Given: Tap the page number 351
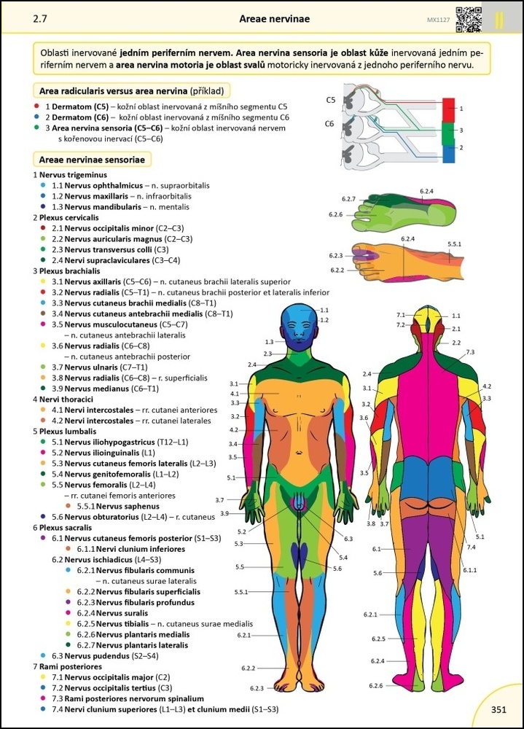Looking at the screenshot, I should tap(498, 709).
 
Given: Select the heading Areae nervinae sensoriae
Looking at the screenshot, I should tap(91, 159).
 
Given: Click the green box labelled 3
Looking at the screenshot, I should tap(449, 130).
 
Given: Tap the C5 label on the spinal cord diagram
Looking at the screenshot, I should tap(330, 100).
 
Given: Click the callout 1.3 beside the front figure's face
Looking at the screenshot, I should tap(269, 341).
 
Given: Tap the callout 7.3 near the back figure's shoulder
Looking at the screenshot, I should tap(470, 352).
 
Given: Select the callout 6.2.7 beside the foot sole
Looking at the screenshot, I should tap(348, 199).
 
